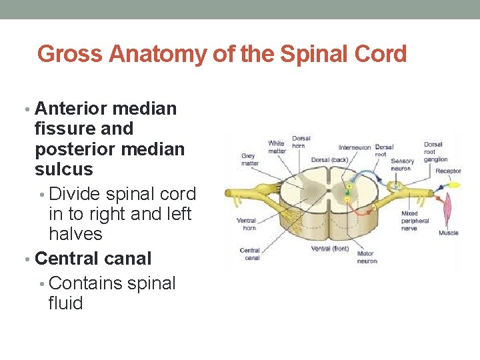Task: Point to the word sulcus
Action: tap(64, 169)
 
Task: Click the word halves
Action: tap(75, 234)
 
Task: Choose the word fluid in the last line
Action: tap(66, 303)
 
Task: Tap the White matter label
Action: tap(276, 147)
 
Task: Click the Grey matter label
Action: tap(249, 159)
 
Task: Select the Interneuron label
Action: tap(355, 147)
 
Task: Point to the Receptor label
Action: tap(448, 171)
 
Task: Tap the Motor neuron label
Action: tap(366, 257)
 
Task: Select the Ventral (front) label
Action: tap(329, 249)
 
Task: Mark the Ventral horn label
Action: tap(247, 224)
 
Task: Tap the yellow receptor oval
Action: tap(444, 183)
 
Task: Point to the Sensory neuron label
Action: tap(403, 165)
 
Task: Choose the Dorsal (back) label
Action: tap(329, 160)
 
